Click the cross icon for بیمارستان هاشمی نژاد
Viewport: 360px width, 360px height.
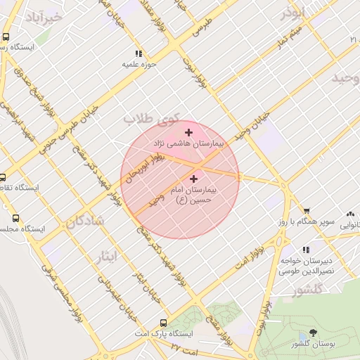[188, 132]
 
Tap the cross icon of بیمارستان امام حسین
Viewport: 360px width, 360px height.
[194, 179]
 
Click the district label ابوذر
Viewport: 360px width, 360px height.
[292, 13]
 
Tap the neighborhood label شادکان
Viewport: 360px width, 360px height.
[85, 221]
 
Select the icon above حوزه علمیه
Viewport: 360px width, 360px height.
[138, 53]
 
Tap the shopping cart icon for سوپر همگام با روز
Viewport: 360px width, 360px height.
[307, 211]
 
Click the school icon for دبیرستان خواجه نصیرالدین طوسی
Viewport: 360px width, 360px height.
[306, 250]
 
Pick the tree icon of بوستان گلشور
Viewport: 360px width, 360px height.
[313, 333]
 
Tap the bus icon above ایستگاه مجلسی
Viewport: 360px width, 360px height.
[4, 218]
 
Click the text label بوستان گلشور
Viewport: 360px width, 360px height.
[314, 344]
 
